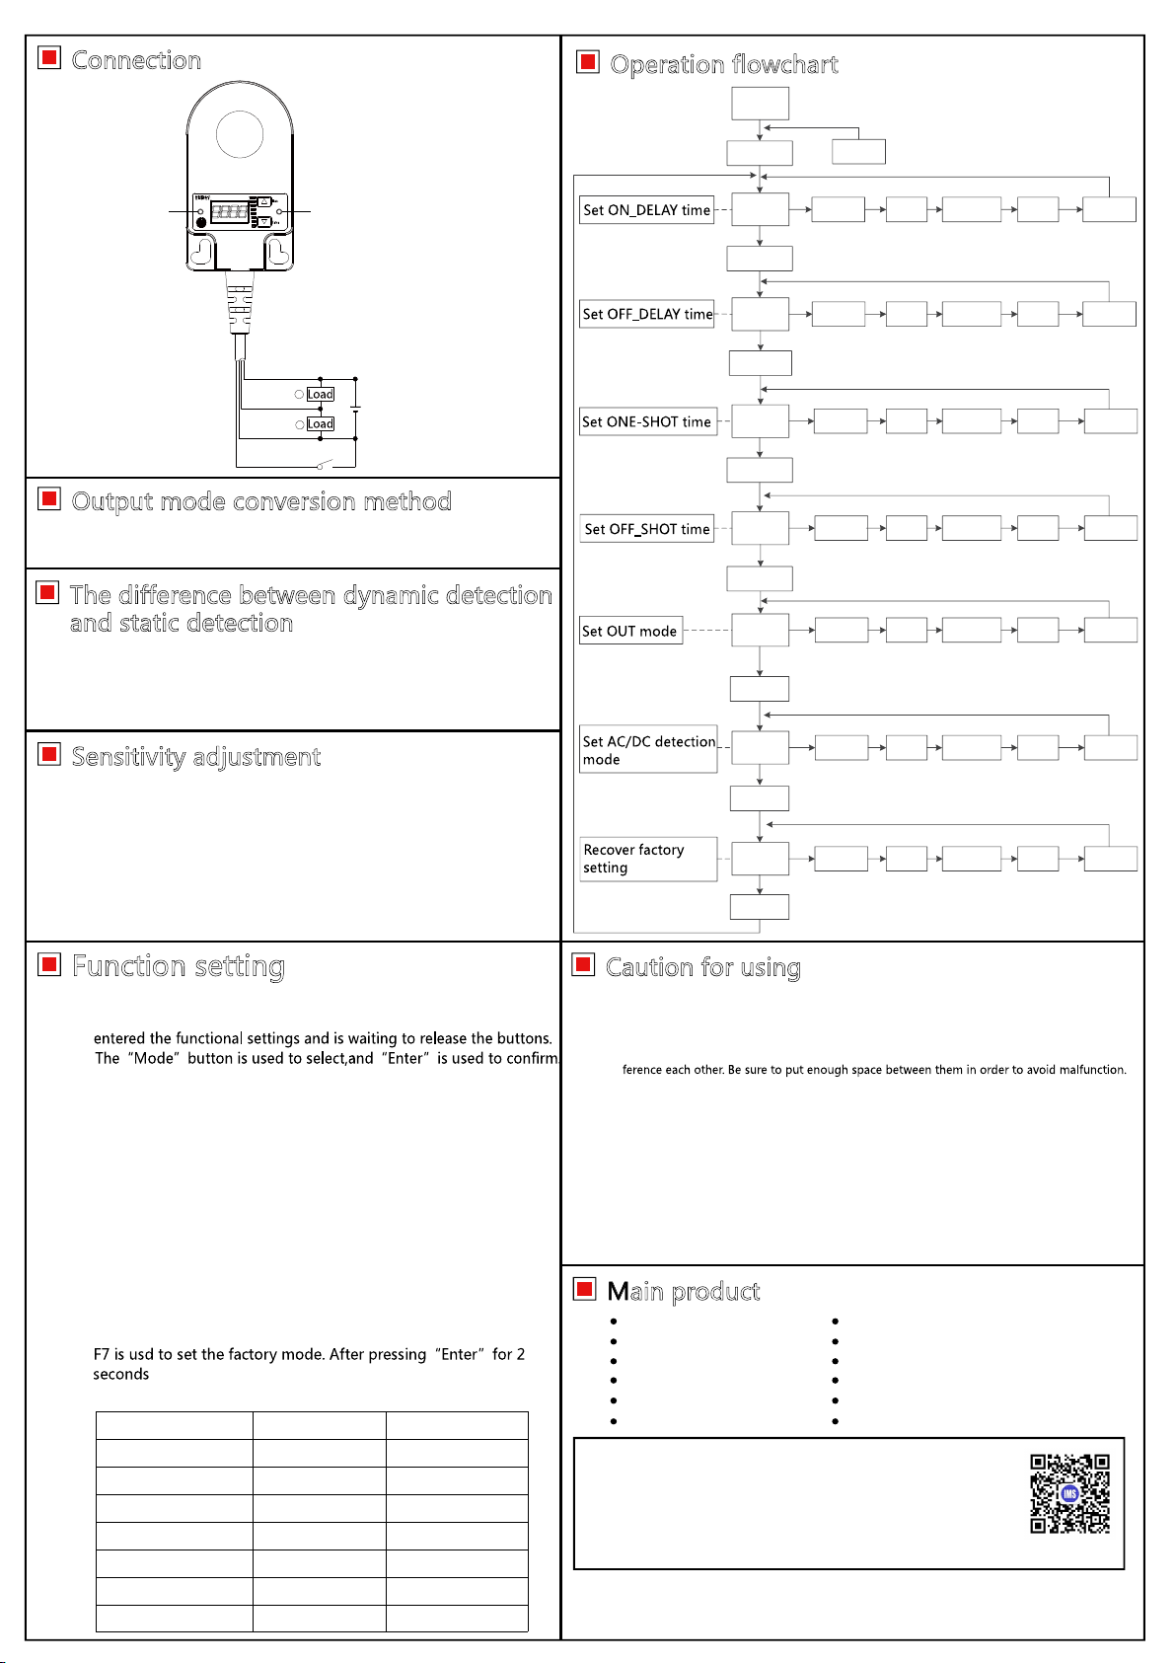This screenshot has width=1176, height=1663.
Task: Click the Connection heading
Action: coord(136,60)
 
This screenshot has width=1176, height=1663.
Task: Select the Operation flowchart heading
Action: coord(723,65)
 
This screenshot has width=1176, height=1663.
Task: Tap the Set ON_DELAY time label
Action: coord(646,210)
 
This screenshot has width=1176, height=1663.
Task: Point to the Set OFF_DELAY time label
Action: coord(647,314)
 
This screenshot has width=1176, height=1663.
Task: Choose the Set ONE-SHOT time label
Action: coord(646,421)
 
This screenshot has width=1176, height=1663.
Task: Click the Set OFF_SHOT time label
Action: coord(647,529)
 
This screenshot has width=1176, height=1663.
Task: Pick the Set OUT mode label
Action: coord(629,632)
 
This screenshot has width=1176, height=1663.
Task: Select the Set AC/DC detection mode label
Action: coord(648,750)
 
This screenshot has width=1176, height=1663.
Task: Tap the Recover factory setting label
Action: coord(633,859)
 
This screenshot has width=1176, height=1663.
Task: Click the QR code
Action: coord(1069,1493)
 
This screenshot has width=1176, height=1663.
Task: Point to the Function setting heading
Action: coord(179,966)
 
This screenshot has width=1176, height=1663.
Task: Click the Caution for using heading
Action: coord(702,968)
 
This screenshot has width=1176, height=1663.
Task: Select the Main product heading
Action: coord(683,1292)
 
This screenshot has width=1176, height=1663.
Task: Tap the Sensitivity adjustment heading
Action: coord(195,757)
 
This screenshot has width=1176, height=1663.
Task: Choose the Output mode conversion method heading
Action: coord(261,501)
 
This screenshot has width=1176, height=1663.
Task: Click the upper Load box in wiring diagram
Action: coord(321,394)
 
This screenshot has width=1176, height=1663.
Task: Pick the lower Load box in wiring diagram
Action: coord(321,423)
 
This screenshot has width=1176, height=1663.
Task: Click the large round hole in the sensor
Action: coord(239,134)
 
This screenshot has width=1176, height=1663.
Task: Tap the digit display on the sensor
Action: coord(229,211)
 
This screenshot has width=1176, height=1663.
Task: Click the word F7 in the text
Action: coord(102,1355)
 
